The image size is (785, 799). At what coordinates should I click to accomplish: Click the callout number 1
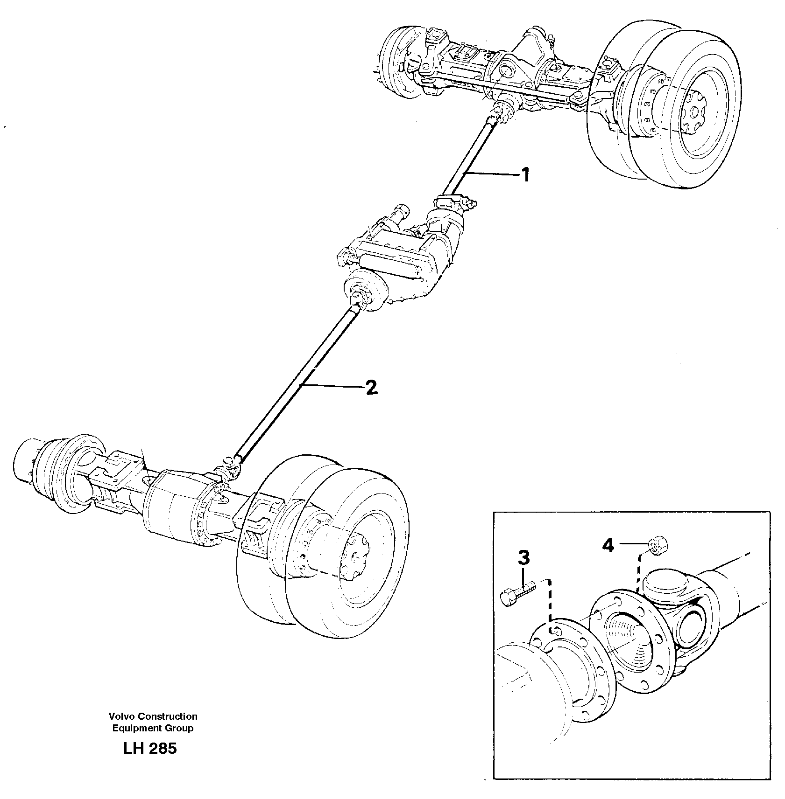pyautogui.click(x=526, y=175)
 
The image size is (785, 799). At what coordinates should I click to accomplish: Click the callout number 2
pyautogui.click(x=371, y=387)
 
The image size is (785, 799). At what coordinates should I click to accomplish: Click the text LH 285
pyautogui.click(x=150, y=762)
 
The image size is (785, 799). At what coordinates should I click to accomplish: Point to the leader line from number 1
pyautogui.click(x=490, y=174)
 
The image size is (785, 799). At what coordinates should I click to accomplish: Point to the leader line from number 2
pyautogui.click(x=332, y=385)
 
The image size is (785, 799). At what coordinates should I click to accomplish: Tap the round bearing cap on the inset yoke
pyautogui.click(x=664, y=584)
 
